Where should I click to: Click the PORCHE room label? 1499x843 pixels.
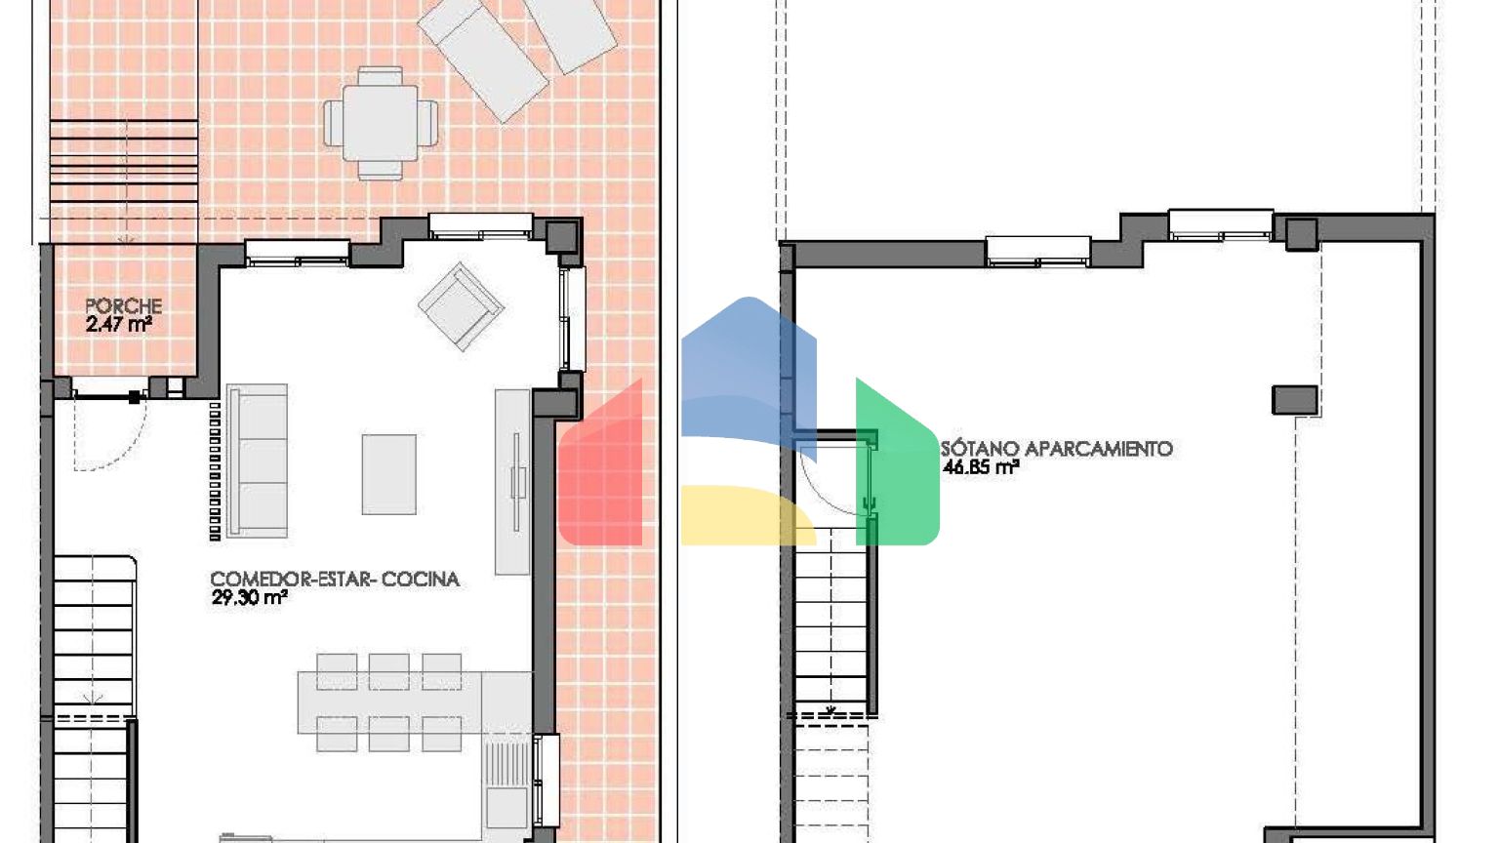tap(124, 306)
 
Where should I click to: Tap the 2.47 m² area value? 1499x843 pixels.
tap(118, 325)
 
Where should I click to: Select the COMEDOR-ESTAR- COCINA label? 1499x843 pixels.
tap(335, 580)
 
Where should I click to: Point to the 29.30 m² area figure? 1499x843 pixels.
tap(249, 597)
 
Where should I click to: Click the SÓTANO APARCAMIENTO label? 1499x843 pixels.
tap(1057, 448)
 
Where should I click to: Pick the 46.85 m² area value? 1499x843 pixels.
tap(981, 467)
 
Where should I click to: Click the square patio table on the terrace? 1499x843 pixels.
tap(381, 124)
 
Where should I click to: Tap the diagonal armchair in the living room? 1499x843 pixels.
tap(461, 306)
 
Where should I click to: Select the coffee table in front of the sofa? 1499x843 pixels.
tap(388, 474)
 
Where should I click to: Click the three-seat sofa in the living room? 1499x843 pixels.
tap(257, 461)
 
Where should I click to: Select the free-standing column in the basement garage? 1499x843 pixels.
tap(1295, 400)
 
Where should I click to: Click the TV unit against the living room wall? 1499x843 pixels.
tap(512, 482)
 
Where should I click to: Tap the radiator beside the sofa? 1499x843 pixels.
tap(215, 471)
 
